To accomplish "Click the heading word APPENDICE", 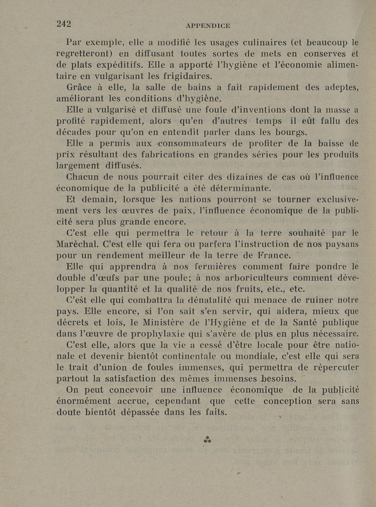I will [x=208, y=26].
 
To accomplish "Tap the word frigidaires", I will [x=181, y=77].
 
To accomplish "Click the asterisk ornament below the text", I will [x=207, y=440].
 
